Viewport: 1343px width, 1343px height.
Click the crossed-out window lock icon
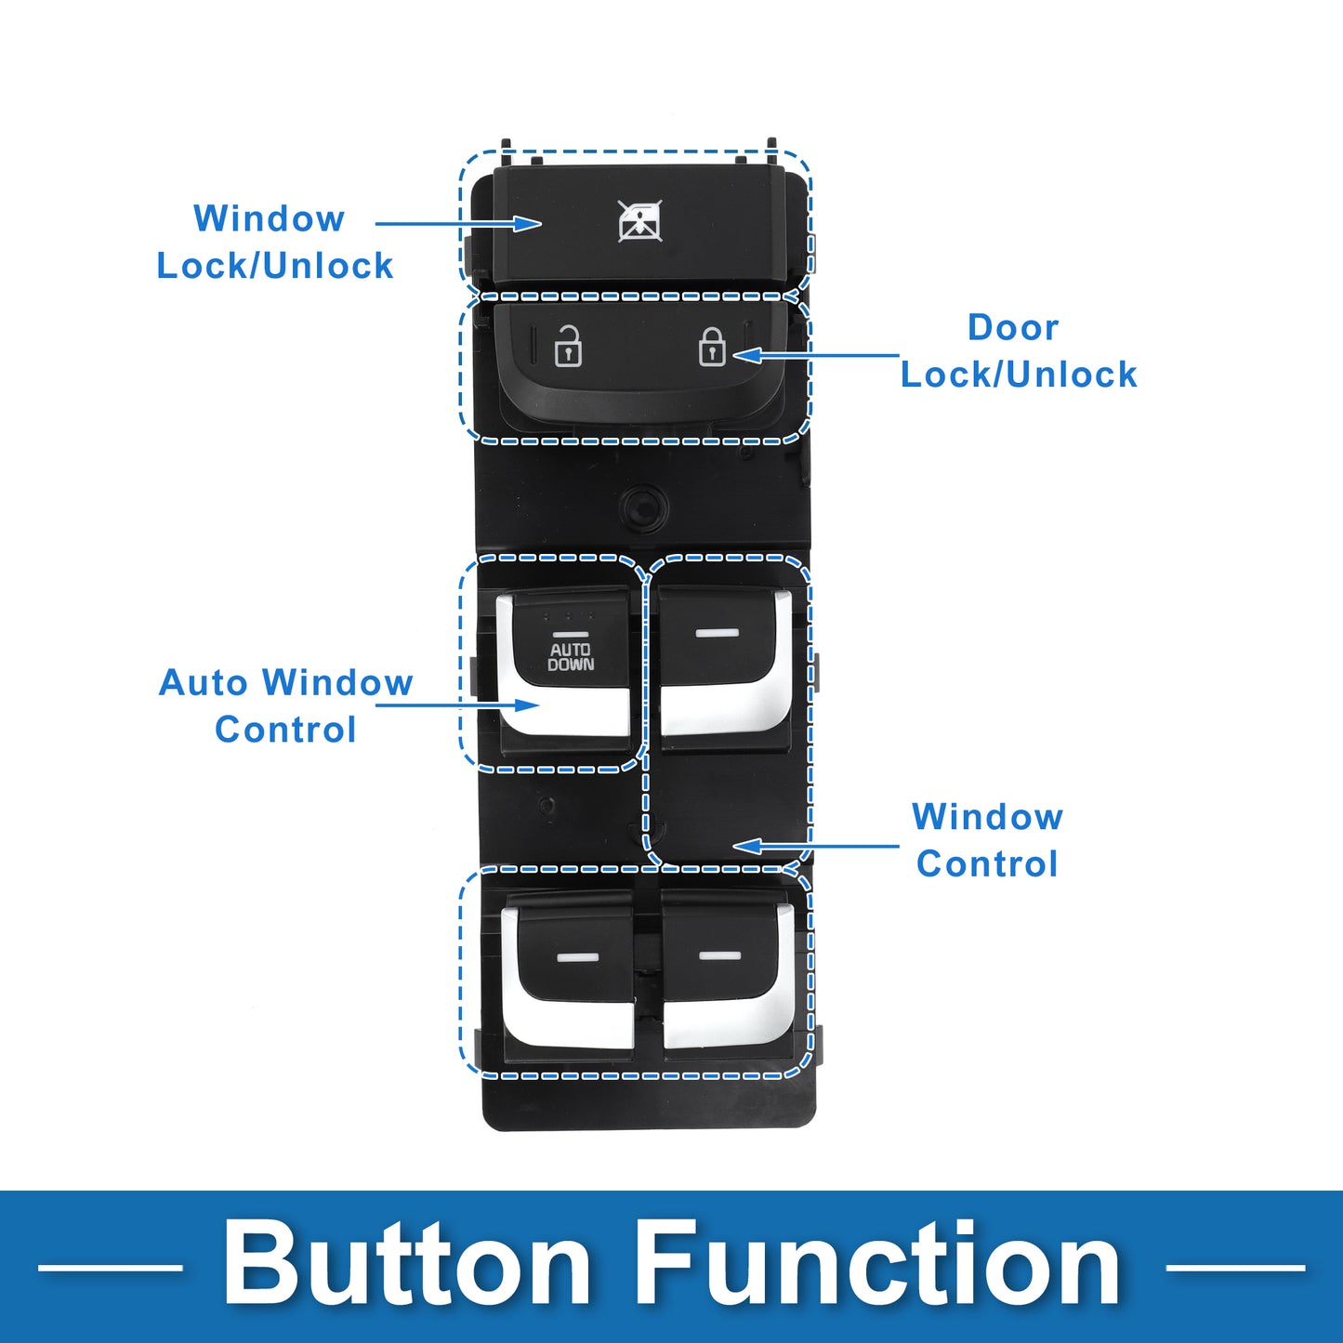pos(640,221)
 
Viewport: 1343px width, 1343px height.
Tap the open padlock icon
pos(568,347)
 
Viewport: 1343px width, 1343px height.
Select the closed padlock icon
pos(712,346)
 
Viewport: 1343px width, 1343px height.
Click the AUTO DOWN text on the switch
pos(571,656)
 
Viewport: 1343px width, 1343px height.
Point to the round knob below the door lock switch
pos(643,507)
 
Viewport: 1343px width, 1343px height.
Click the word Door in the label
pos(1013,328)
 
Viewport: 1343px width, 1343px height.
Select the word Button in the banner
pos(407,1265)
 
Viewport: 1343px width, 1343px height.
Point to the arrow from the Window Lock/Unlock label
pos(457,224)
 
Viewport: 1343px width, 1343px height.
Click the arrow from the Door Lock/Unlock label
pos(816,355)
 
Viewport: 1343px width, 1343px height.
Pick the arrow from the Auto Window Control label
pos(457,705)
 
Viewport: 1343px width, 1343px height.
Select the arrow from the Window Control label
pos(816,846)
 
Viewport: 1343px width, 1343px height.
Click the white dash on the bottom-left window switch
pos(576,955)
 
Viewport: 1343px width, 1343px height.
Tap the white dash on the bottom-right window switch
pos(719,955)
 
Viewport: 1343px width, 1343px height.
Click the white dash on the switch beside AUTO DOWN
pos(717,633)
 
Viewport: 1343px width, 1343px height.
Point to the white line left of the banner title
pos(110,1267)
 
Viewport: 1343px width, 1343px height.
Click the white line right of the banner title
pos(1235,1267)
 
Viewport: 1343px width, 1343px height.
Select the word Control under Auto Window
pos(285,731)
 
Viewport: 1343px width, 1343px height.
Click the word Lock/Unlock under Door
pos(1019,375)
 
